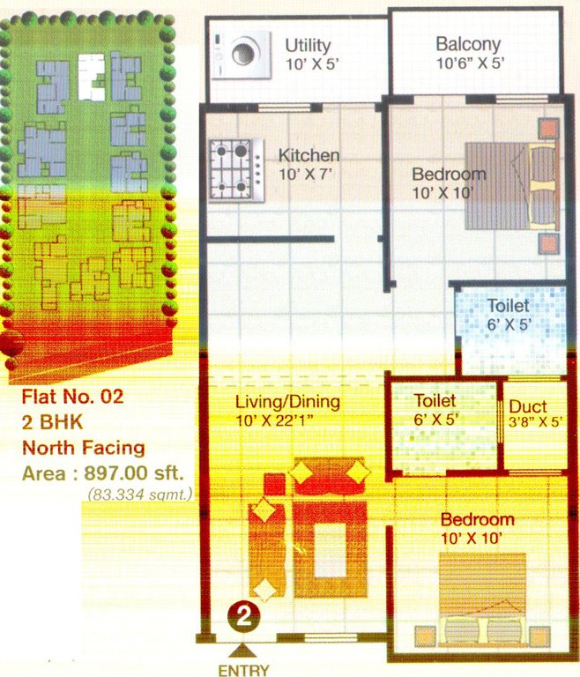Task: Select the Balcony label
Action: (468, 44)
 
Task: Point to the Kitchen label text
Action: (309, 156)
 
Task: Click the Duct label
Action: (528, 407)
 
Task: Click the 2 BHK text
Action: (50, 421)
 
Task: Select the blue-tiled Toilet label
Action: (509, 306)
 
